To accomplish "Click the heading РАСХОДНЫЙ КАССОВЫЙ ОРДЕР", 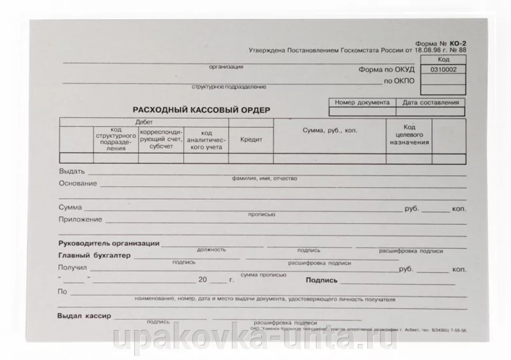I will point(201,109).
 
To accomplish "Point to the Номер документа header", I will point(362,102).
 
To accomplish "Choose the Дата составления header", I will point(431,102).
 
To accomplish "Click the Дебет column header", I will point(144,121).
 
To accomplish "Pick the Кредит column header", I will point(251,139).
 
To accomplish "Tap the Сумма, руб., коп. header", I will point(330,130).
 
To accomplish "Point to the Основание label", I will point(77,184).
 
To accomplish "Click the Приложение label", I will point(80,220).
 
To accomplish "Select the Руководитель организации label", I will point(109,243).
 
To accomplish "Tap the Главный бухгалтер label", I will point(94,255).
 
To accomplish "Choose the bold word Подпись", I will point(322,280).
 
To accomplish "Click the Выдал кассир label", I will point(84,316).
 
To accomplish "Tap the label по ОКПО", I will point(399,81).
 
